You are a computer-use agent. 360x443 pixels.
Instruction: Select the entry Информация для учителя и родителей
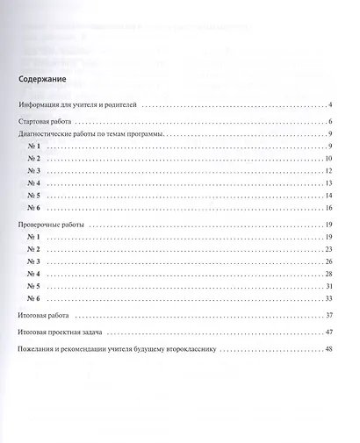point(79,104)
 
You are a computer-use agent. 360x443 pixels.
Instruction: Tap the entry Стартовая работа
point(49,120)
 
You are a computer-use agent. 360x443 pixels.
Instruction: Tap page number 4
point(328,104)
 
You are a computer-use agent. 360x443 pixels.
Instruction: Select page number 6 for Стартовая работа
point(328,120)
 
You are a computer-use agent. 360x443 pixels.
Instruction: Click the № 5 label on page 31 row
point(35,287)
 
